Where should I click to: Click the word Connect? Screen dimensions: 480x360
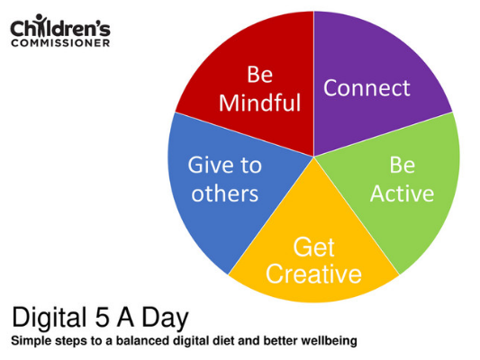tap(367, 88)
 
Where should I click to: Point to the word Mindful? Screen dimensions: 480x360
tap(260, 103)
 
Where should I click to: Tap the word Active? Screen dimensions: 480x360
tap(402, 193)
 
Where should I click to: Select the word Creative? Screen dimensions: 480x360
tap(313, 273)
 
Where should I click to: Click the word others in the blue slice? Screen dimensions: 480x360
tap(225, 193)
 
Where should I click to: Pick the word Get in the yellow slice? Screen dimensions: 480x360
tap(313, 247)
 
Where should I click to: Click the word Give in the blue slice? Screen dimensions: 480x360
tap(211, 166)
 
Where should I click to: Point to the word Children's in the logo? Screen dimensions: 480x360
tap(60, 28)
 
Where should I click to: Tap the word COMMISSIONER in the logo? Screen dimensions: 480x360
tap(60, 43)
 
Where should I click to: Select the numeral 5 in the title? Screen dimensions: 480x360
tap(102, 317)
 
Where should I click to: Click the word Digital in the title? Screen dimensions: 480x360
tap(50, 318)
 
